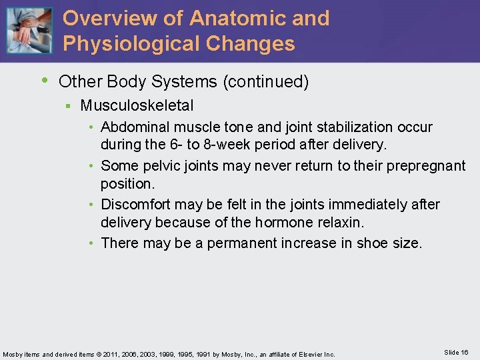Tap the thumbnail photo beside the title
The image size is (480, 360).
[29, 31]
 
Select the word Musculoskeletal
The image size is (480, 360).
[137, 105]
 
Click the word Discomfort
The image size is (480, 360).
[139, 204]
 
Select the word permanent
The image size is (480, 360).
[239, 243]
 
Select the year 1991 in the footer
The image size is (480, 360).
[205, 354]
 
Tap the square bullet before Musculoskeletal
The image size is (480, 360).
[68, 106]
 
